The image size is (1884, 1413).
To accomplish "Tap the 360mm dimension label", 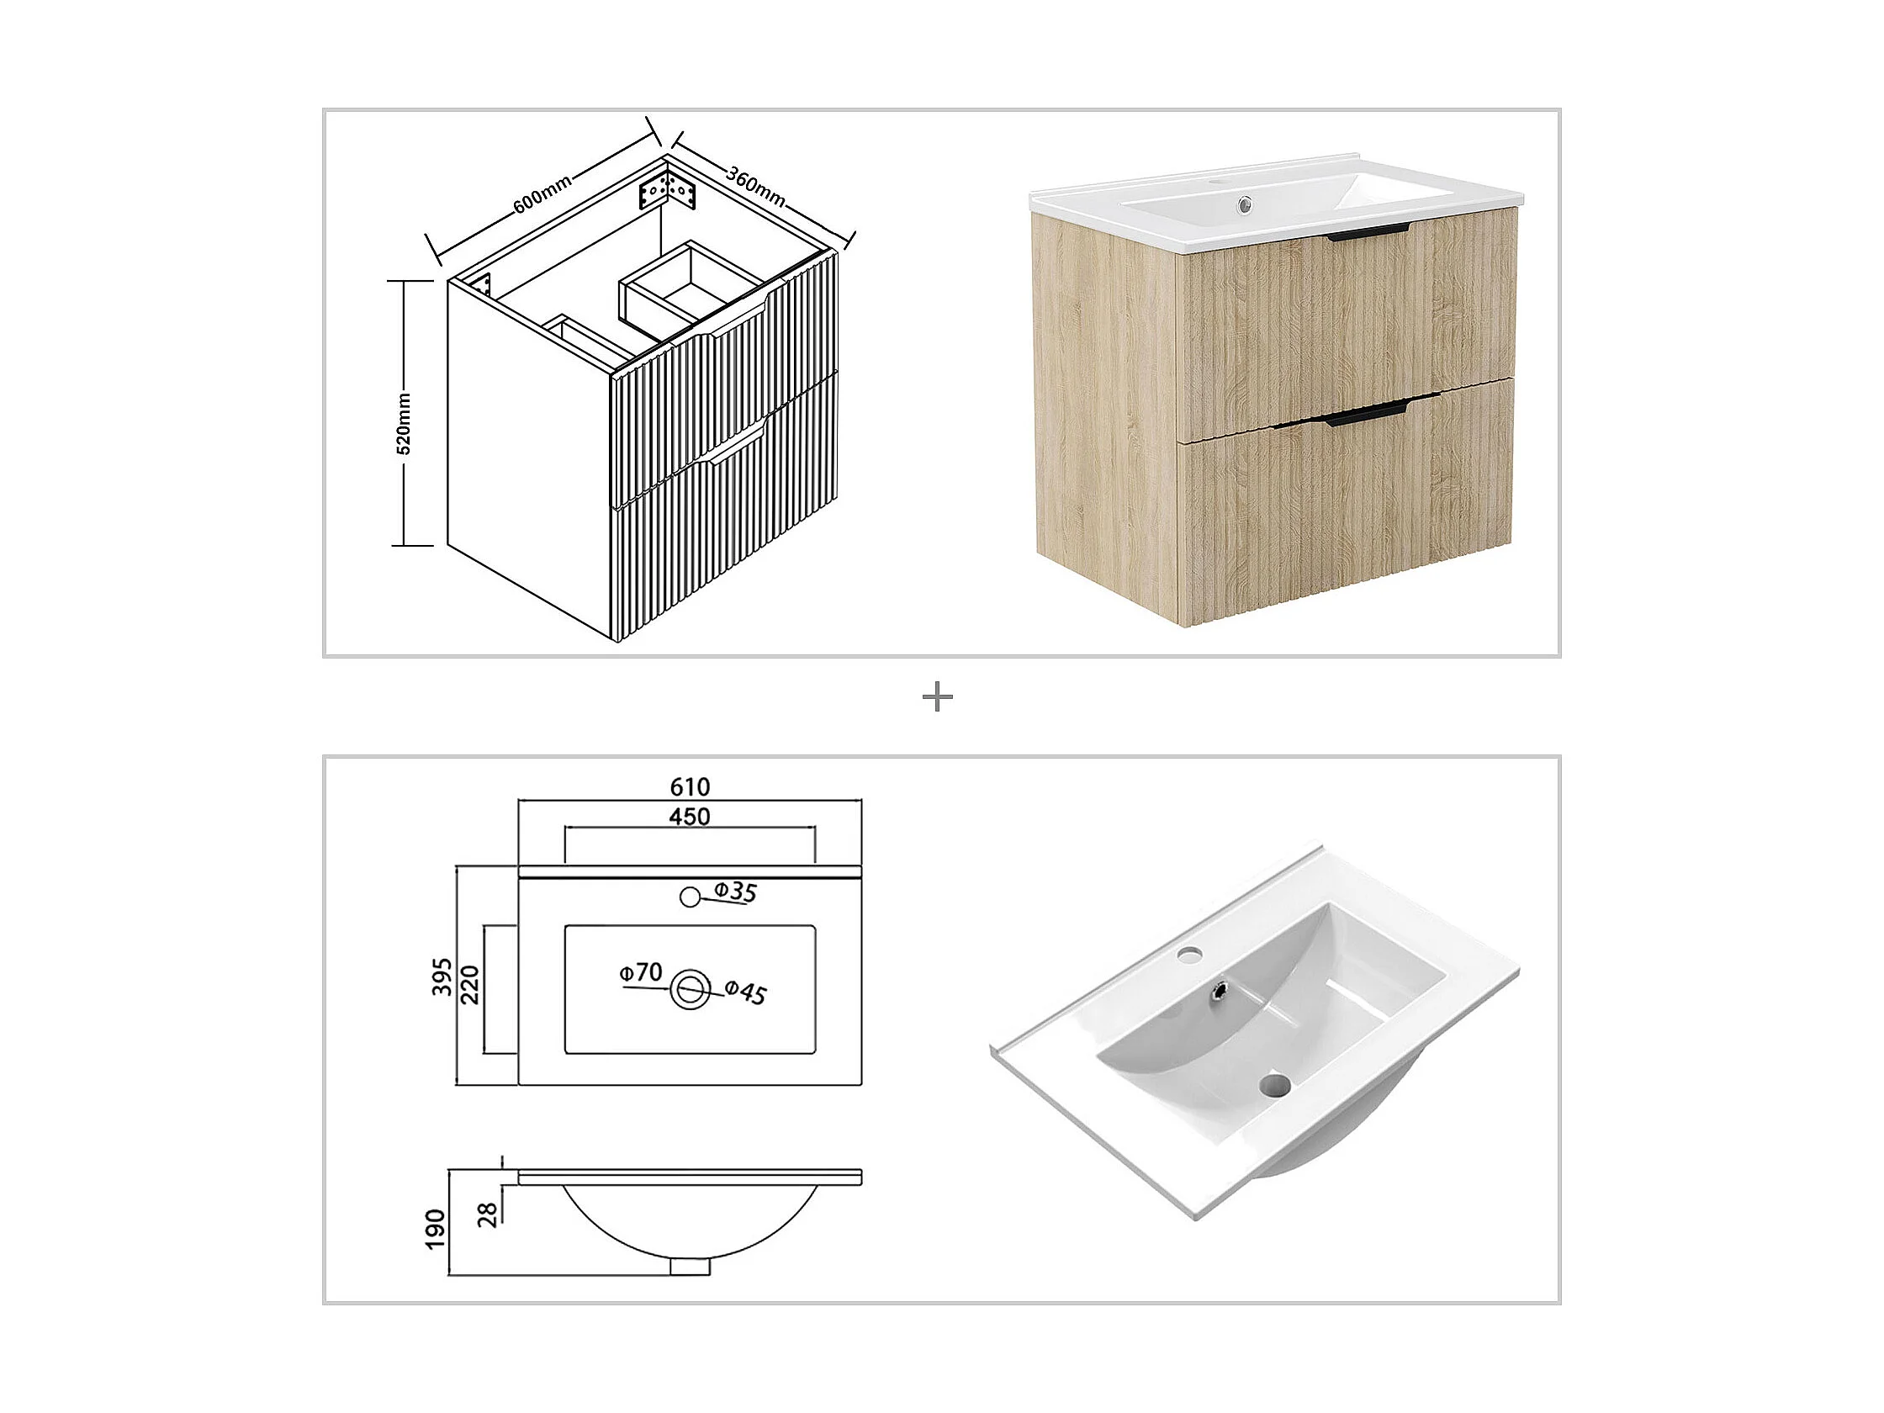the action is click(x=755, y=186).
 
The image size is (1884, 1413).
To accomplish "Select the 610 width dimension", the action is click(x=690, y=786).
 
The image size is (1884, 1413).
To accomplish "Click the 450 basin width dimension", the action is click(x=690, y=816).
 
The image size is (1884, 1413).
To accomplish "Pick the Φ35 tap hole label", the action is click(x=735, y=892).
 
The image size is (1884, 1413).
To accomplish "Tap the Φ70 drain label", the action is click(x=642, y=971).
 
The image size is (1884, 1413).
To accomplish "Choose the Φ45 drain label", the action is click(x=746, y=992).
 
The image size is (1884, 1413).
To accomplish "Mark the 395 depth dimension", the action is click(x=442, y=977).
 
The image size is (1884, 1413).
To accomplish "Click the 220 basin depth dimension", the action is click(x=470, y=985).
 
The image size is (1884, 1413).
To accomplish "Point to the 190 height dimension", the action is click(x=435, y=1229).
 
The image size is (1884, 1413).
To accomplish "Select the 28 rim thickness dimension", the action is click(x=488, y=1215).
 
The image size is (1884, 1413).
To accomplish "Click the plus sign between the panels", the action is click(x=938, y=698).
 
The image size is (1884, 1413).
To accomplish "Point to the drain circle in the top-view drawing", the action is click(x=690, y=989).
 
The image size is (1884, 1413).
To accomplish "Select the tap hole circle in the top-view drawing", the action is click(x=690, y=896).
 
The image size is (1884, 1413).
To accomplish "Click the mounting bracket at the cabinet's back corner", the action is click(x=669, y=193).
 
